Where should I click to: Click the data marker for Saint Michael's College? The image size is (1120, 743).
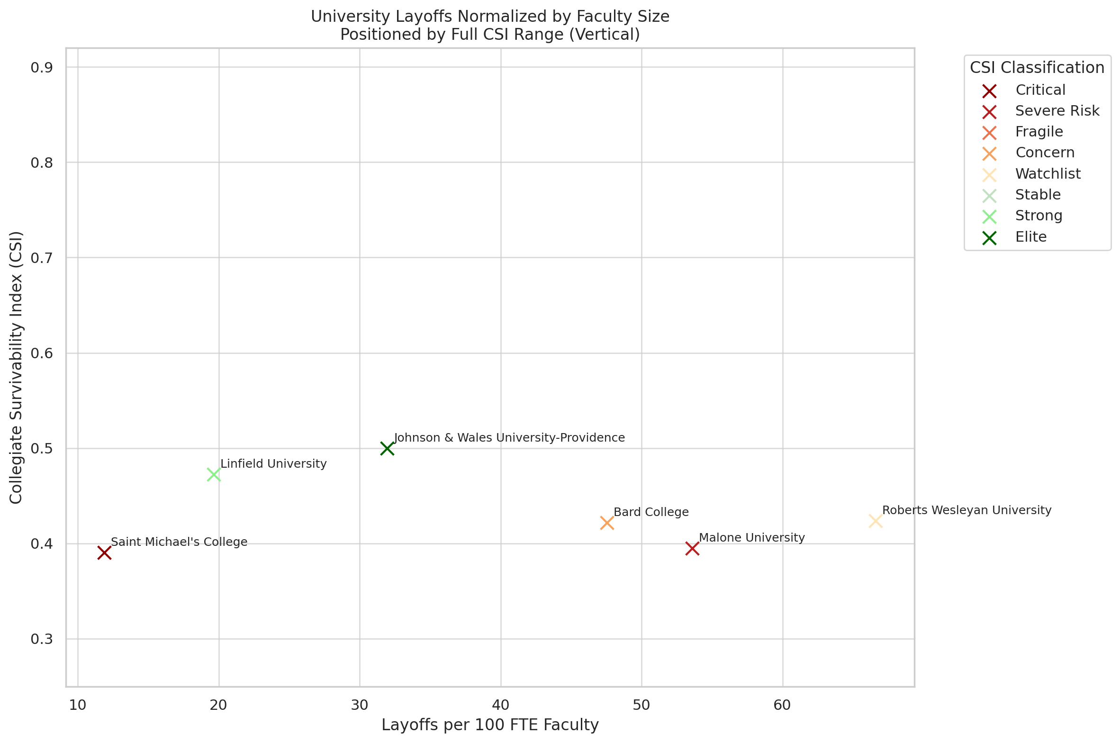click(104, 553)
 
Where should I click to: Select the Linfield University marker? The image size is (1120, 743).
click(214, 474)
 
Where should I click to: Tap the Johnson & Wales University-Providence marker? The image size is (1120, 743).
click(387, 448)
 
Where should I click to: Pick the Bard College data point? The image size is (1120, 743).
click(607, 523)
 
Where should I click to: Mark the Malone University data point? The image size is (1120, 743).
click(692, 549)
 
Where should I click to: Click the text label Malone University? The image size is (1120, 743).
click(752, 538)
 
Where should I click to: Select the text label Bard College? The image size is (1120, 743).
click(651, 512)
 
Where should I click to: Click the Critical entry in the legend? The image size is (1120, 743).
click(1040, 90)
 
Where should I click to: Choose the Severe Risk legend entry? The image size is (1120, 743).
click(1057, 111)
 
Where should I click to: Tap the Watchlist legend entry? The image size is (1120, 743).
click(1048, 174)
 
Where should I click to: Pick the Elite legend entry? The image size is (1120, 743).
click(1030, 237)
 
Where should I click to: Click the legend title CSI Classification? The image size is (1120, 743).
click(1037, 68)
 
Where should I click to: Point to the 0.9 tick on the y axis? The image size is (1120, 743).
click(42, 68)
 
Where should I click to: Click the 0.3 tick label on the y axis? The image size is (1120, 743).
click(42, 639)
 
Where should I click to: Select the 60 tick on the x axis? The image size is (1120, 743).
click(782, 705)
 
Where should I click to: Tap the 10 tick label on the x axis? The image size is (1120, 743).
click(78, 705)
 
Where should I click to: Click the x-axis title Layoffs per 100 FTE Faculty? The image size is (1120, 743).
click(490, 725)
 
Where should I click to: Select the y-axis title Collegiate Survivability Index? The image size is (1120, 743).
click(16, 367)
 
